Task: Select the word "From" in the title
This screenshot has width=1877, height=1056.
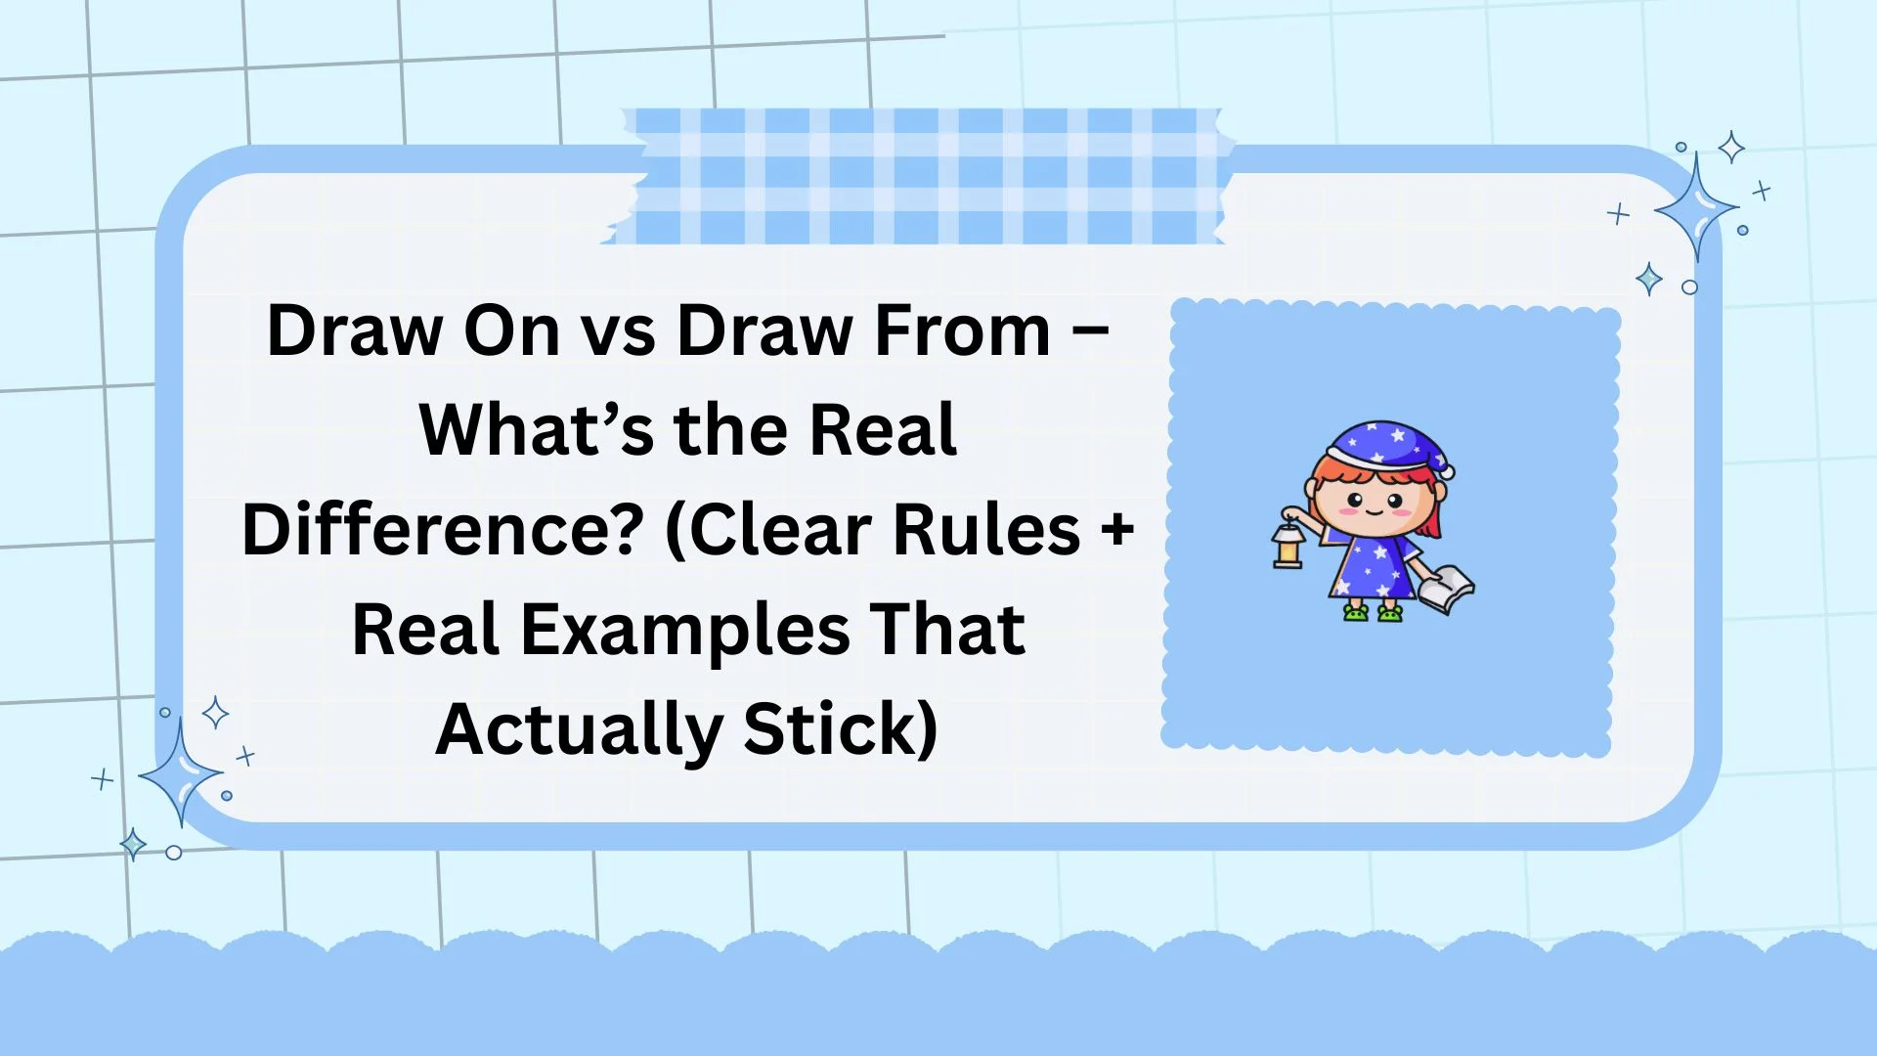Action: pyautogui.click(x=962, y=330)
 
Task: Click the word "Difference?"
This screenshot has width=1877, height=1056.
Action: pyautogui.click(x=442, y=530)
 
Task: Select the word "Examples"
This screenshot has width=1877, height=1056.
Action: pyautogui.click(x=685, y=631)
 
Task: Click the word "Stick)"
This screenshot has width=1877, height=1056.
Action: pyautogui.click(x=841, y=730)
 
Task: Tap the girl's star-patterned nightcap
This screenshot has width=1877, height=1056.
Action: pyautogui.click(x=1388, y=445)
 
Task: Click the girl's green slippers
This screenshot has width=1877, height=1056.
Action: pyautogui.click(x=1373, y=613)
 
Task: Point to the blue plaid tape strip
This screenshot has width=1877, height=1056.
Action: pyautogui.click(x=919, y=176)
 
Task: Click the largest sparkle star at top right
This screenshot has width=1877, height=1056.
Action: pyautogui.click(x=1697, y=208)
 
